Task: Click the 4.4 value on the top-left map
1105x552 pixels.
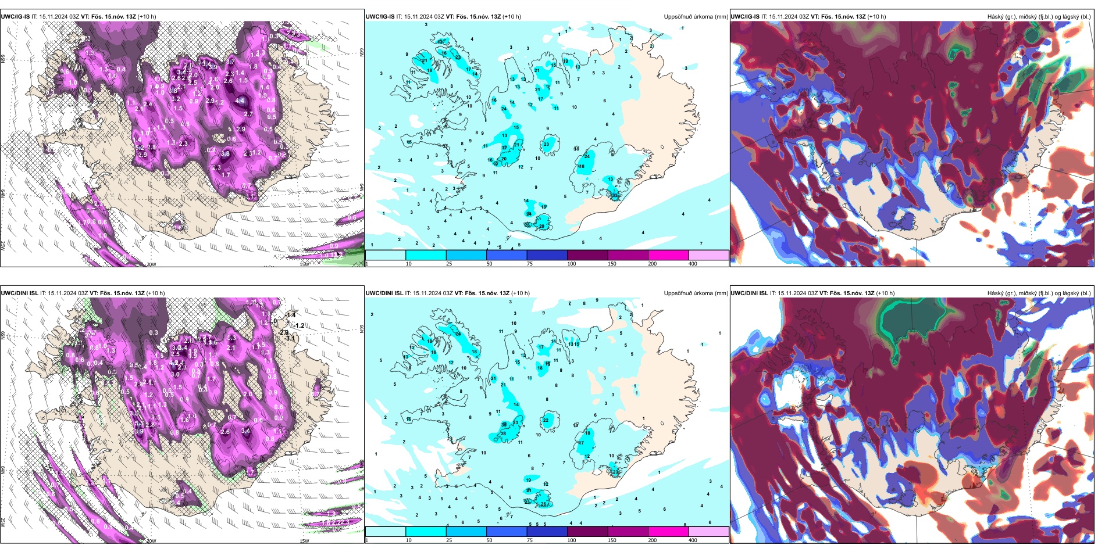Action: [240, 101]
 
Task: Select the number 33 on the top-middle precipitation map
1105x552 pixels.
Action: [615, 196]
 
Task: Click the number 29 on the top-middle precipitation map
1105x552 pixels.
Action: [541, 226]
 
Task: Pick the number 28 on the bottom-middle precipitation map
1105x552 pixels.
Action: [503, 433]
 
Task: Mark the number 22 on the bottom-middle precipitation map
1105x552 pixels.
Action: [546, 420]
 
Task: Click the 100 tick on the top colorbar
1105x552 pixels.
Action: [572, 264]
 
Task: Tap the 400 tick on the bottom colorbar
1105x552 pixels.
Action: [693, 540]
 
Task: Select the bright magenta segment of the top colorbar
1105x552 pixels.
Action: [668, 255]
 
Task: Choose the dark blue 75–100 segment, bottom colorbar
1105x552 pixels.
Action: [546, 532]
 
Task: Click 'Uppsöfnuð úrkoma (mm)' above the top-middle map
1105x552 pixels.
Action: [696, 17]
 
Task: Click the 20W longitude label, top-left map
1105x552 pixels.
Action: [151, 264]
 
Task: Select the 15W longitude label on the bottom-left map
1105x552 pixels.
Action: [304, 541]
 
